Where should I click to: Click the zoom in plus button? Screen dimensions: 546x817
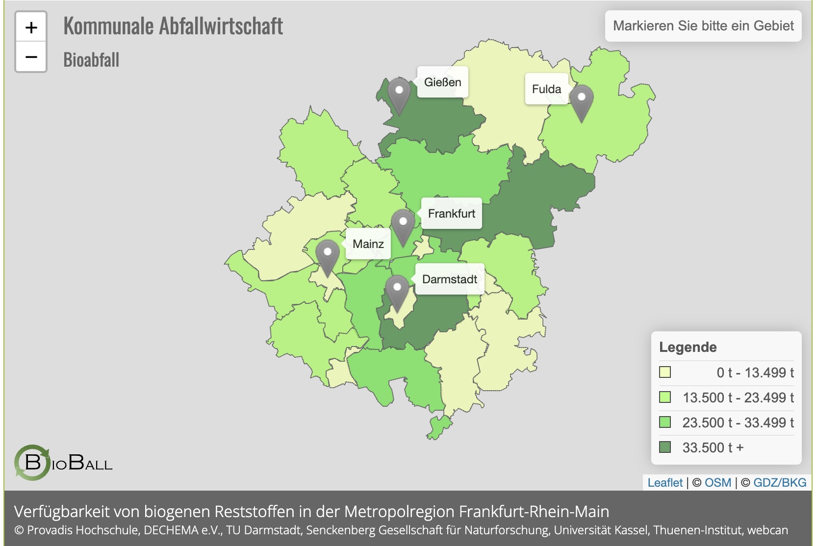(31, 27)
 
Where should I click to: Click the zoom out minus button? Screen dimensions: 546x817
(31, 57)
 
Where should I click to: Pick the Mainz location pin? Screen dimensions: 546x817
(327, 256)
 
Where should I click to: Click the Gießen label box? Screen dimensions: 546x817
(442, 82)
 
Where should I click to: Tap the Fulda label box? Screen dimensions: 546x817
(546, 89)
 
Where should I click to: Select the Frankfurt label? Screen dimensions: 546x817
(451, 214)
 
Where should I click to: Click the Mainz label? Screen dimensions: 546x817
(368, 244)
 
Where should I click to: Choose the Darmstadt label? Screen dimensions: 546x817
(449, 279)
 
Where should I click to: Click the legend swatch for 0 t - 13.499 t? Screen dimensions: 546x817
(665, 372)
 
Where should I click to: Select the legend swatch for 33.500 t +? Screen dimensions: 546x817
(665, 447)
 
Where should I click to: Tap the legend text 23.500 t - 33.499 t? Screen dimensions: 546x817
(738, 422)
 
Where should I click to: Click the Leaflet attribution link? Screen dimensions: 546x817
(665, 483)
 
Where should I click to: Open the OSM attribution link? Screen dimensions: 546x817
(717, 483)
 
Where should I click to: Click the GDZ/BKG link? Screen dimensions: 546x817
(779, 483)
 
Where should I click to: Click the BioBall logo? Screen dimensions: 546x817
(63, 462)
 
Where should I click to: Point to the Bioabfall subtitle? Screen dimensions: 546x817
(91, 60)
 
